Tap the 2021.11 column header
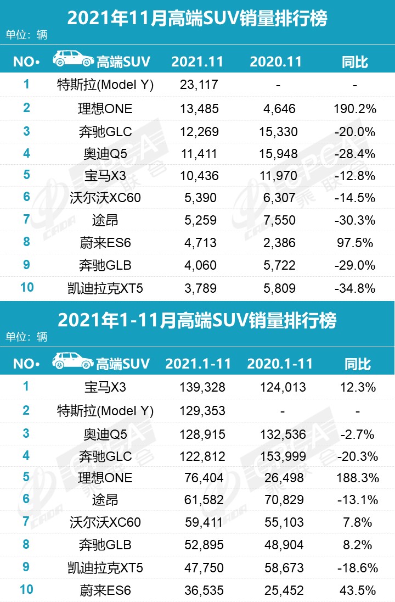[198, 61]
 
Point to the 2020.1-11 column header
[280, 364]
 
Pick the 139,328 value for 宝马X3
[202, 387]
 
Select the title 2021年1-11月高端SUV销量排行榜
[197, 320]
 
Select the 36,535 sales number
[202, 590]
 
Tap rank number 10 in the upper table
[26, 287]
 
